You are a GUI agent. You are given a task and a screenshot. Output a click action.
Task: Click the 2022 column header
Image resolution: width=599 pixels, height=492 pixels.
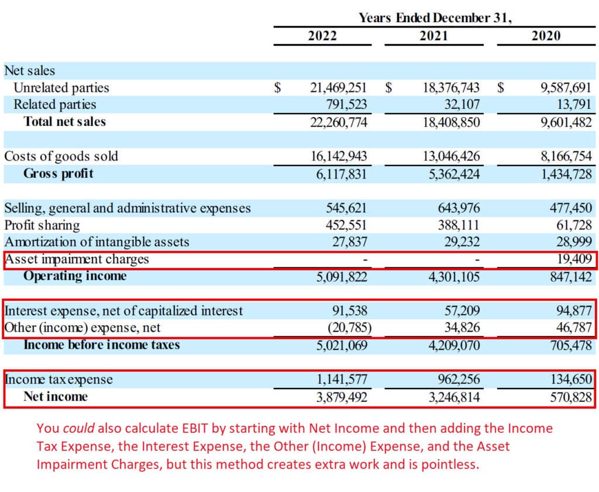pyautogui.click(x=322, y=36)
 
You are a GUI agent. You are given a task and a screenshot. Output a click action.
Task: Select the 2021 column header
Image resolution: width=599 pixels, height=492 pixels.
pyautogui.click(x=434, y=36)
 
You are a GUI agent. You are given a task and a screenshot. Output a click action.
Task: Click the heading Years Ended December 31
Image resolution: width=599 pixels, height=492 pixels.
pyautogui.click(x=435, y=18)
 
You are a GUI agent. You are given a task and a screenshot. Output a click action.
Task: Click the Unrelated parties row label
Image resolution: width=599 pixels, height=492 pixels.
pyautogui.click(x=61, y=88)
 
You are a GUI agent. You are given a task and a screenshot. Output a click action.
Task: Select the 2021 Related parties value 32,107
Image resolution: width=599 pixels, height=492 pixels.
pyautogui.click(x=459, y=105)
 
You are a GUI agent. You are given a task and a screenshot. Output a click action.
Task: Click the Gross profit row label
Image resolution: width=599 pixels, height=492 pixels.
pyautogui.click(x=58, y=174)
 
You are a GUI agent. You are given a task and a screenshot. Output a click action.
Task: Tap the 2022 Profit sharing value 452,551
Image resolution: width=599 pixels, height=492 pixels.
pyautogui.click(x=346, y=225)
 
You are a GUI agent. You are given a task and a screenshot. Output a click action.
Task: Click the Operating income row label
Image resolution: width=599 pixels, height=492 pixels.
pyautogui.click(x=74, y=276)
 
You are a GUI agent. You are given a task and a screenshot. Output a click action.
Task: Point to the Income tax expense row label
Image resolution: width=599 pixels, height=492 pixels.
pyautogui.click(x=58, y=380)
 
